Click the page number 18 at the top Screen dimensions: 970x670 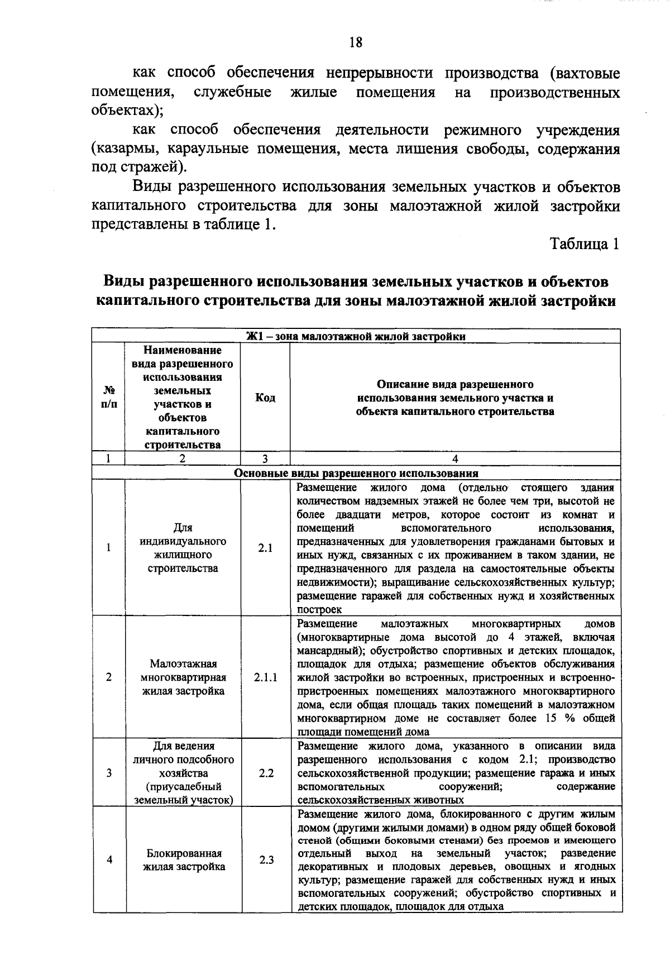(356, 42)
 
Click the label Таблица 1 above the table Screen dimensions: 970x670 (585, 244)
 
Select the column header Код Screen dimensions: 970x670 (265, 398)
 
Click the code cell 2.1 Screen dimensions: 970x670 (265, 548)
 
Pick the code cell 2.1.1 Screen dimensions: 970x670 (265, 677)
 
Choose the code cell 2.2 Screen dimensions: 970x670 (265, 773)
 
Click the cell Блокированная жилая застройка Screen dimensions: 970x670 (184, 860)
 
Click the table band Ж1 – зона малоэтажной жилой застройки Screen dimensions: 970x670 (356, 336)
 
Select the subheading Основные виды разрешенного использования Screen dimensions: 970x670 (356, 474)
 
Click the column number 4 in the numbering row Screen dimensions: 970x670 (455, 458)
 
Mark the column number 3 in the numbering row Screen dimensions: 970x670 (265, 458)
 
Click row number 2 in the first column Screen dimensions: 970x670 (109, 677)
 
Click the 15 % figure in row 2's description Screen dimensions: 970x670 (560, 718)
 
